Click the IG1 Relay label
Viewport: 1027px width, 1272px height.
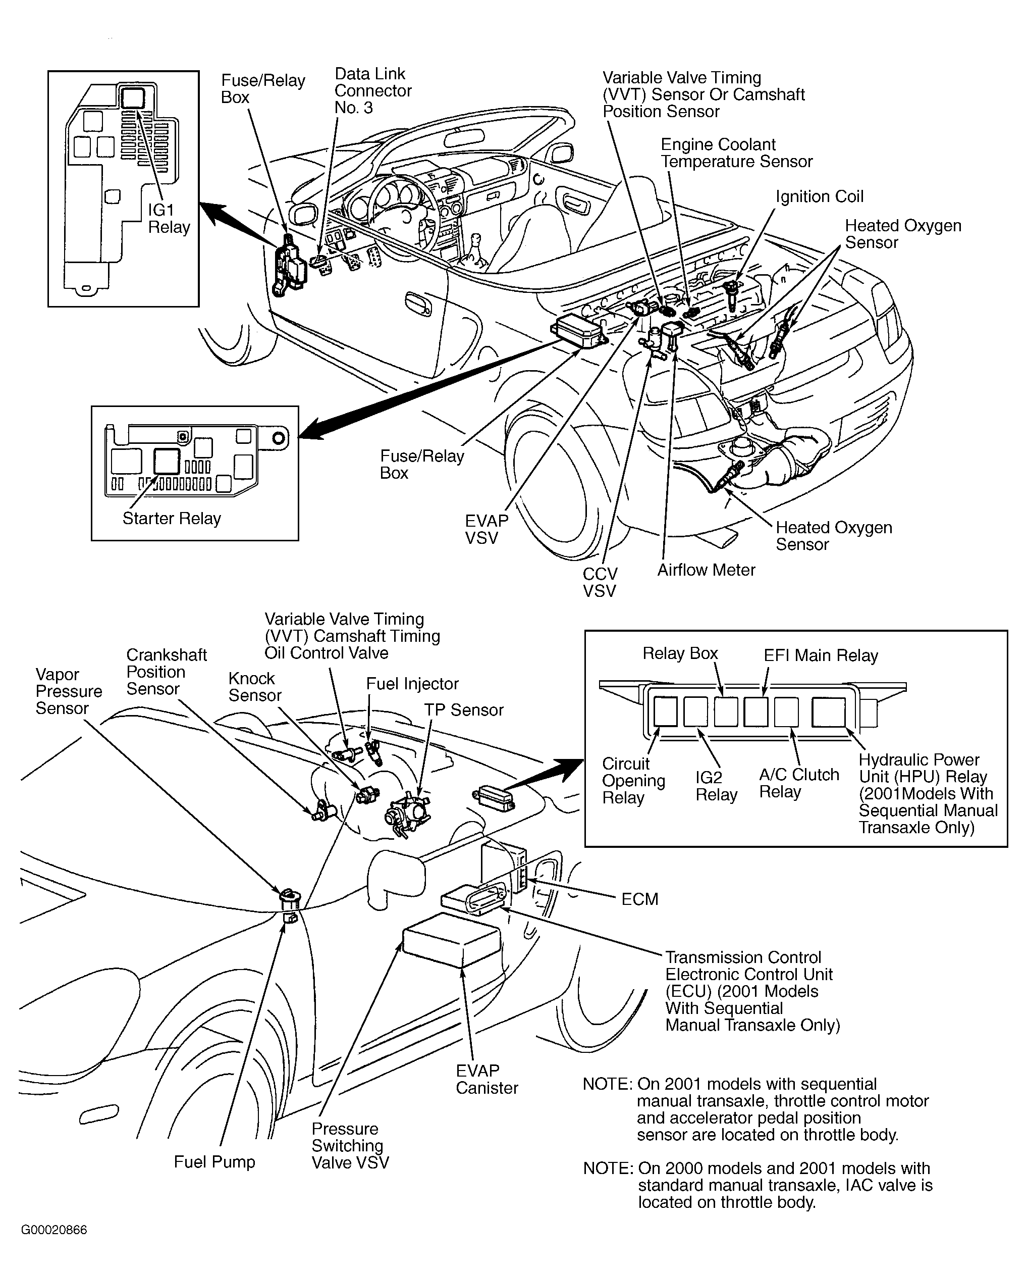tap(169, 219)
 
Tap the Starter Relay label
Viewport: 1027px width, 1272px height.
tap(172, 519)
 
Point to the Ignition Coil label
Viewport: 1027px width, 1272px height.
tap(820, 196)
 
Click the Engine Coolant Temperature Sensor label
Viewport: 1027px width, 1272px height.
tap(736, 152)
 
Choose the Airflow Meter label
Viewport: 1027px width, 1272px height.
tap(707, 570)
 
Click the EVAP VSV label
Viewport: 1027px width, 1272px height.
tap(487, 529)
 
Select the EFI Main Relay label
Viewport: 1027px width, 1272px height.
tap(821, 655)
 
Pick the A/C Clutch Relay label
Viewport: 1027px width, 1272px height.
tap(799, 783)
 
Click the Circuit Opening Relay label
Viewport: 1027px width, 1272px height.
tap(633, 780)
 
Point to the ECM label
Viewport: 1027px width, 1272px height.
tap(639, 899)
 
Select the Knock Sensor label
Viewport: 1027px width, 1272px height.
tap(254, 687)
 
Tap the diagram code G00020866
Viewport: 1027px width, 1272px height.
tap(54, 1230)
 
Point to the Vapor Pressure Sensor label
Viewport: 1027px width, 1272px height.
tap(69, 691)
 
